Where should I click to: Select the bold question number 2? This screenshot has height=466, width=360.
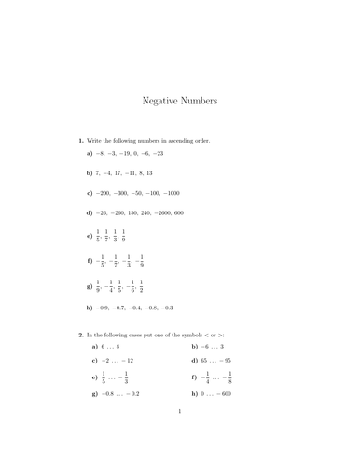tap(81, 333)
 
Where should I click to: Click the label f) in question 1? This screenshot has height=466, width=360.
tap(90, 263)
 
